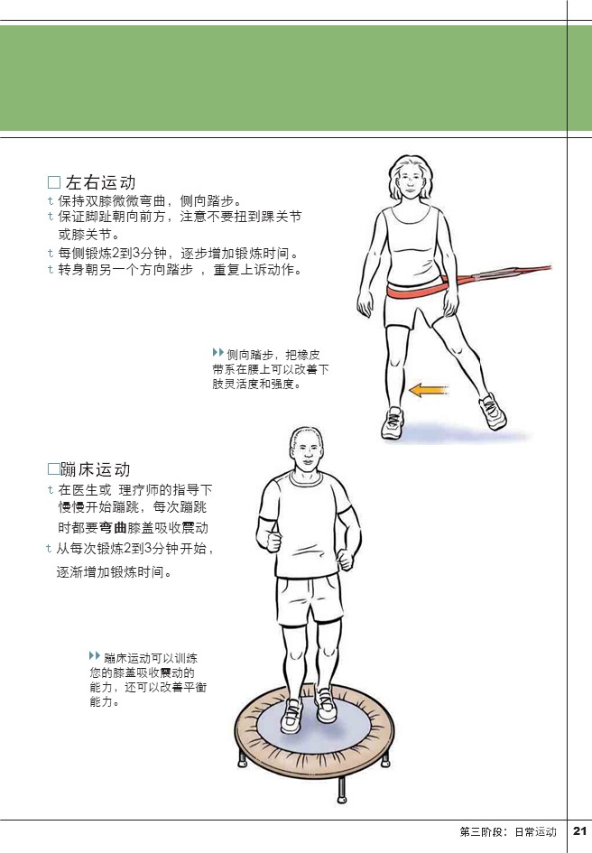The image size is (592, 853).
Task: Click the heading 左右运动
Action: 101,182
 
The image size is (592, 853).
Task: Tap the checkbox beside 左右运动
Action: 54,182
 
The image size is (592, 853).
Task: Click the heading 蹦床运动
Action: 96,469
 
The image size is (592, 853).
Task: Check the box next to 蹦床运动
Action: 54,469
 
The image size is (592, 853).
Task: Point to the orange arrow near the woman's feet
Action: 428,390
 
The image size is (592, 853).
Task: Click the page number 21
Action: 579,830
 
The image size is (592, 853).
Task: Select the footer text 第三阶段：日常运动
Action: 508,831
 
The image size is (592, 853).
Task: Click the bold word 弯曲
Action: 113,528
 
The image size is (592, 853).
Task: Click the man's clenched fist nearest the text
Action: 273,542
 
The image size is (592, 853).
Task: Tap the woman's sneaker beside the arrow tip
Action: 392,422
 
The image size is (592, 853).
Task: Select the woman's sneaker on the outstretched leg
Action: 493,412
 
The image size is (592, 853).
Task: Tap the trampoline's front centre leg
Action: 342,790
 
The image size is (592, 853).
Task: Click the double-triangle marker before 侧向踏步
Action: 218,353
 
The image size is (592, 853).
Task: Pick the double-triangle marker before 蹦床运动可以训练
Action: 95,655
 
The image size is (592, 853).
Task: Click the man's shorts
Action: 310,600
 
